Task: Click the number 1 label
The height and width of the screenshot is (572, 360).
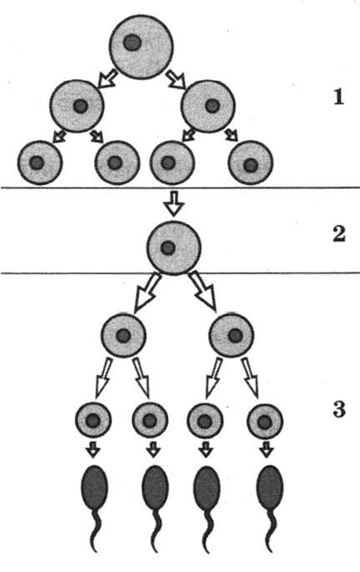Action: pyautogui.click(x=339, y=97)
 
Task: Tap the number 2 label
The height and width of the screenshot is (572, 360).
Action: pyautogui.click(x=339, y=234)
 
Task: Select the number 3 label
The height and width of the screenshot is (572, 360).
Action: pyautogui.click(x=339, y=409)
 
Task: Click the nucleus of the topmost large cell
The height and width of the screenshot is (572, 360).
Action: pyautogui.click(x=132, y=43)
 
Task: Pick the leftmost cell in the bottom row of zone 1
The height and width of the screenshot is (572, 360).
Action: pyautogui.click(x=40, y=163)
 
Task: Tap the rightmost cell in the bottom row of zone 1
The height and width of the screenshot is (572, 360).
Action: pyautogui.click(x=250, y=163)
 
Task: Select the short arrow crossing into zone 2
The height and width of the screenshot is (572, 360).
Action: pyautogui.click(x=174, y=203)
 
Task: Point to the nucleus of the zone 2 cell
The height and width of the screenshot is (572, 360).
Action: pyautogui.click(x=168, y=248)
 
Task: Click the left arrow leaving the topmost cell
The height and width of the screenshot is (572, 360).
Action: pyautogui.click(x=108, y=79)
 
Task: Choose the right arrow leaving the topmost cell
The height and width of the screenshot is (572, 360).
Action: pyautogui.click(x=176, y=79)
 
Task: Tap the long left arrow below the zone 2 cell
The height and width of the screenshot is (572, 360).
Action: pyautogui.click(x=146, y=293)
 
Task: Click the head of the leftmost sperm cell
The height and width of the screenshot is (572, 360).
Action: pyautogui.click(x=94, y=487)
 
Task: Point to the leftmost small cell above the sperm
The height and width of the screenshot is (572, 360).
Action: pyautogui.click(x=93, y=420)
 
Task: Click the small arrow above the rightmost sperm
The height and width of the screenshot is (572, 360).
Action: pyautogui.click(x=267, y=450)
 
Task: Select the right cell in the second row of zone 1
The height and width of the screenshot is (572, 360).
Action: pyautogui.click(x=209, y=106)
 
